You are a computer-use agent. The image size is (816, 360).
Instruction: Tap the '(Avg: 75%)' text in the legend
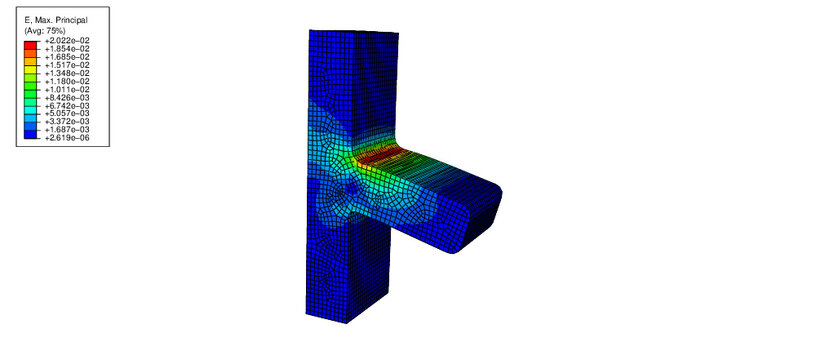tap(45, 31)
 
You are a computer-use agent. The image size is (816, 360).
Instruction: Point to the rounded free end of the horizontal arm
tap(492, 215)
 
